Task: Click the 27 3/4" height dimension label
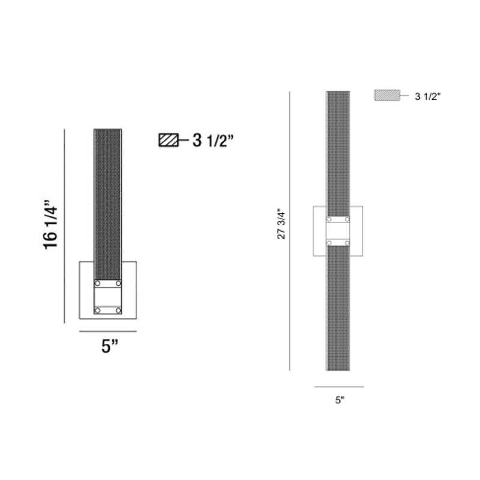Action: tap(281, 224)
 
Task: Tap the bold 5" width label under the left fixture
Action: tap(110, 346)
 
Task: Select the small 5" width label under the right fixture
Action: tap(340, 400)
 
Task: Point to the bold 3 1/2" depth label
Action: tap(213, 140)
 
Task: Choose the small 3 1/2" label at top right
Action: tap(428, 97)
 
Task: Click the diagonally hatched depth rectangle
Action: tap(169, 140)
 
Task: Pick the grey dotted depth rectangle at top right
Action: tap(387, 95)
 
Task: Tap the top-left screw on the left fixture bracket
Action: tap(98, 283)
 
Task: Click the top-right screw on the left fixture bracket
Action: tap(118, 283)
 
